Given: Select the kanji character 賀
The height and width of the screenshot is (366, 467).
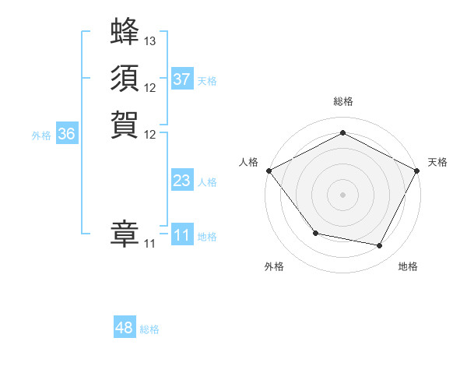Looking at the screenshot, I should (125, 124).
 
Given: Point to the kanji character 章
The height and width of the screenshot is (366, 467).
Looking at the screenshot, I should (125, 234).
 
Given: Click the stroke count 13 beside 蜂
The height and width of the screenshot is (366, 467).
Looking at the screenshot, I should (150, 40).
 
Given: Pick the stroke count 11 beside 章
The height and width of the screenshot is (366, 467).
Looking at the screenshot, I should (150, 244).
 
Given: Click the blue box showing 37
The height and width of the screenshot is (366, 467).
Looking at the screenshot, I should (182, 79).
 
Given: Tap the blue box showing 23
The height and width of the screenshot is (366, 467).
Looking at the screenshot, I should (182, 181).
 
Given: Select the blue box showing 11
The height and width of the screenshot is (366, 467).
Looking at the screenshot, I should (182, 235).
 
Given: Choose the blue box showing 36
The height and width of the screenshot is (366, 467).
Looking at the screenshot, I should (66, 134).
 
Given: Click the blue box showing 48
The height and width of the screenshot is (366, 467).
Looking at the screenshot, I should (125, 328).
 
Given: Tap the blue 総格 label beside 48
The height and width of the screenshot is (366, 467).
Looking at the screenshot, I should (149, 329).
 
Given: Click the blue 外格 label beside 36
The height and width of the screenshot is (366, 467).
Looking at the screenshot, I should (41, 135).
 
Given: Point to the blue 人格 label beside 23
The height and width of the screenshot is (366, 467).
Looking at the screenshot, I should (207, 182).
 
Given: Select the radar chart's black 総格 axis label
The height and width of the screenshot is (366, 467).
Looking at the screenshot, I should (342, 102).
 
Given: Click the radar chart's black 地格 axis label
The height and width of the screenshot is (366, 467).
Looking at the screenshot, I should (408, 266).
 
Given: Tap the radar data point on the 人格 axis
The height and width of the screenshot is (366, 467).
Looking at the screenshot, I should (269, 170).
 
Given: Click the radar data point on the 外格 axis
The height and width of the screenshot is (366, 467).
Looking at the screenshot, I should (315, 233).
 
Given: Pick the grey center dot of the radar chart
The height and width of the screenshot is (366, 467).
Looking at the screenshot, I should (342, 194).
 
